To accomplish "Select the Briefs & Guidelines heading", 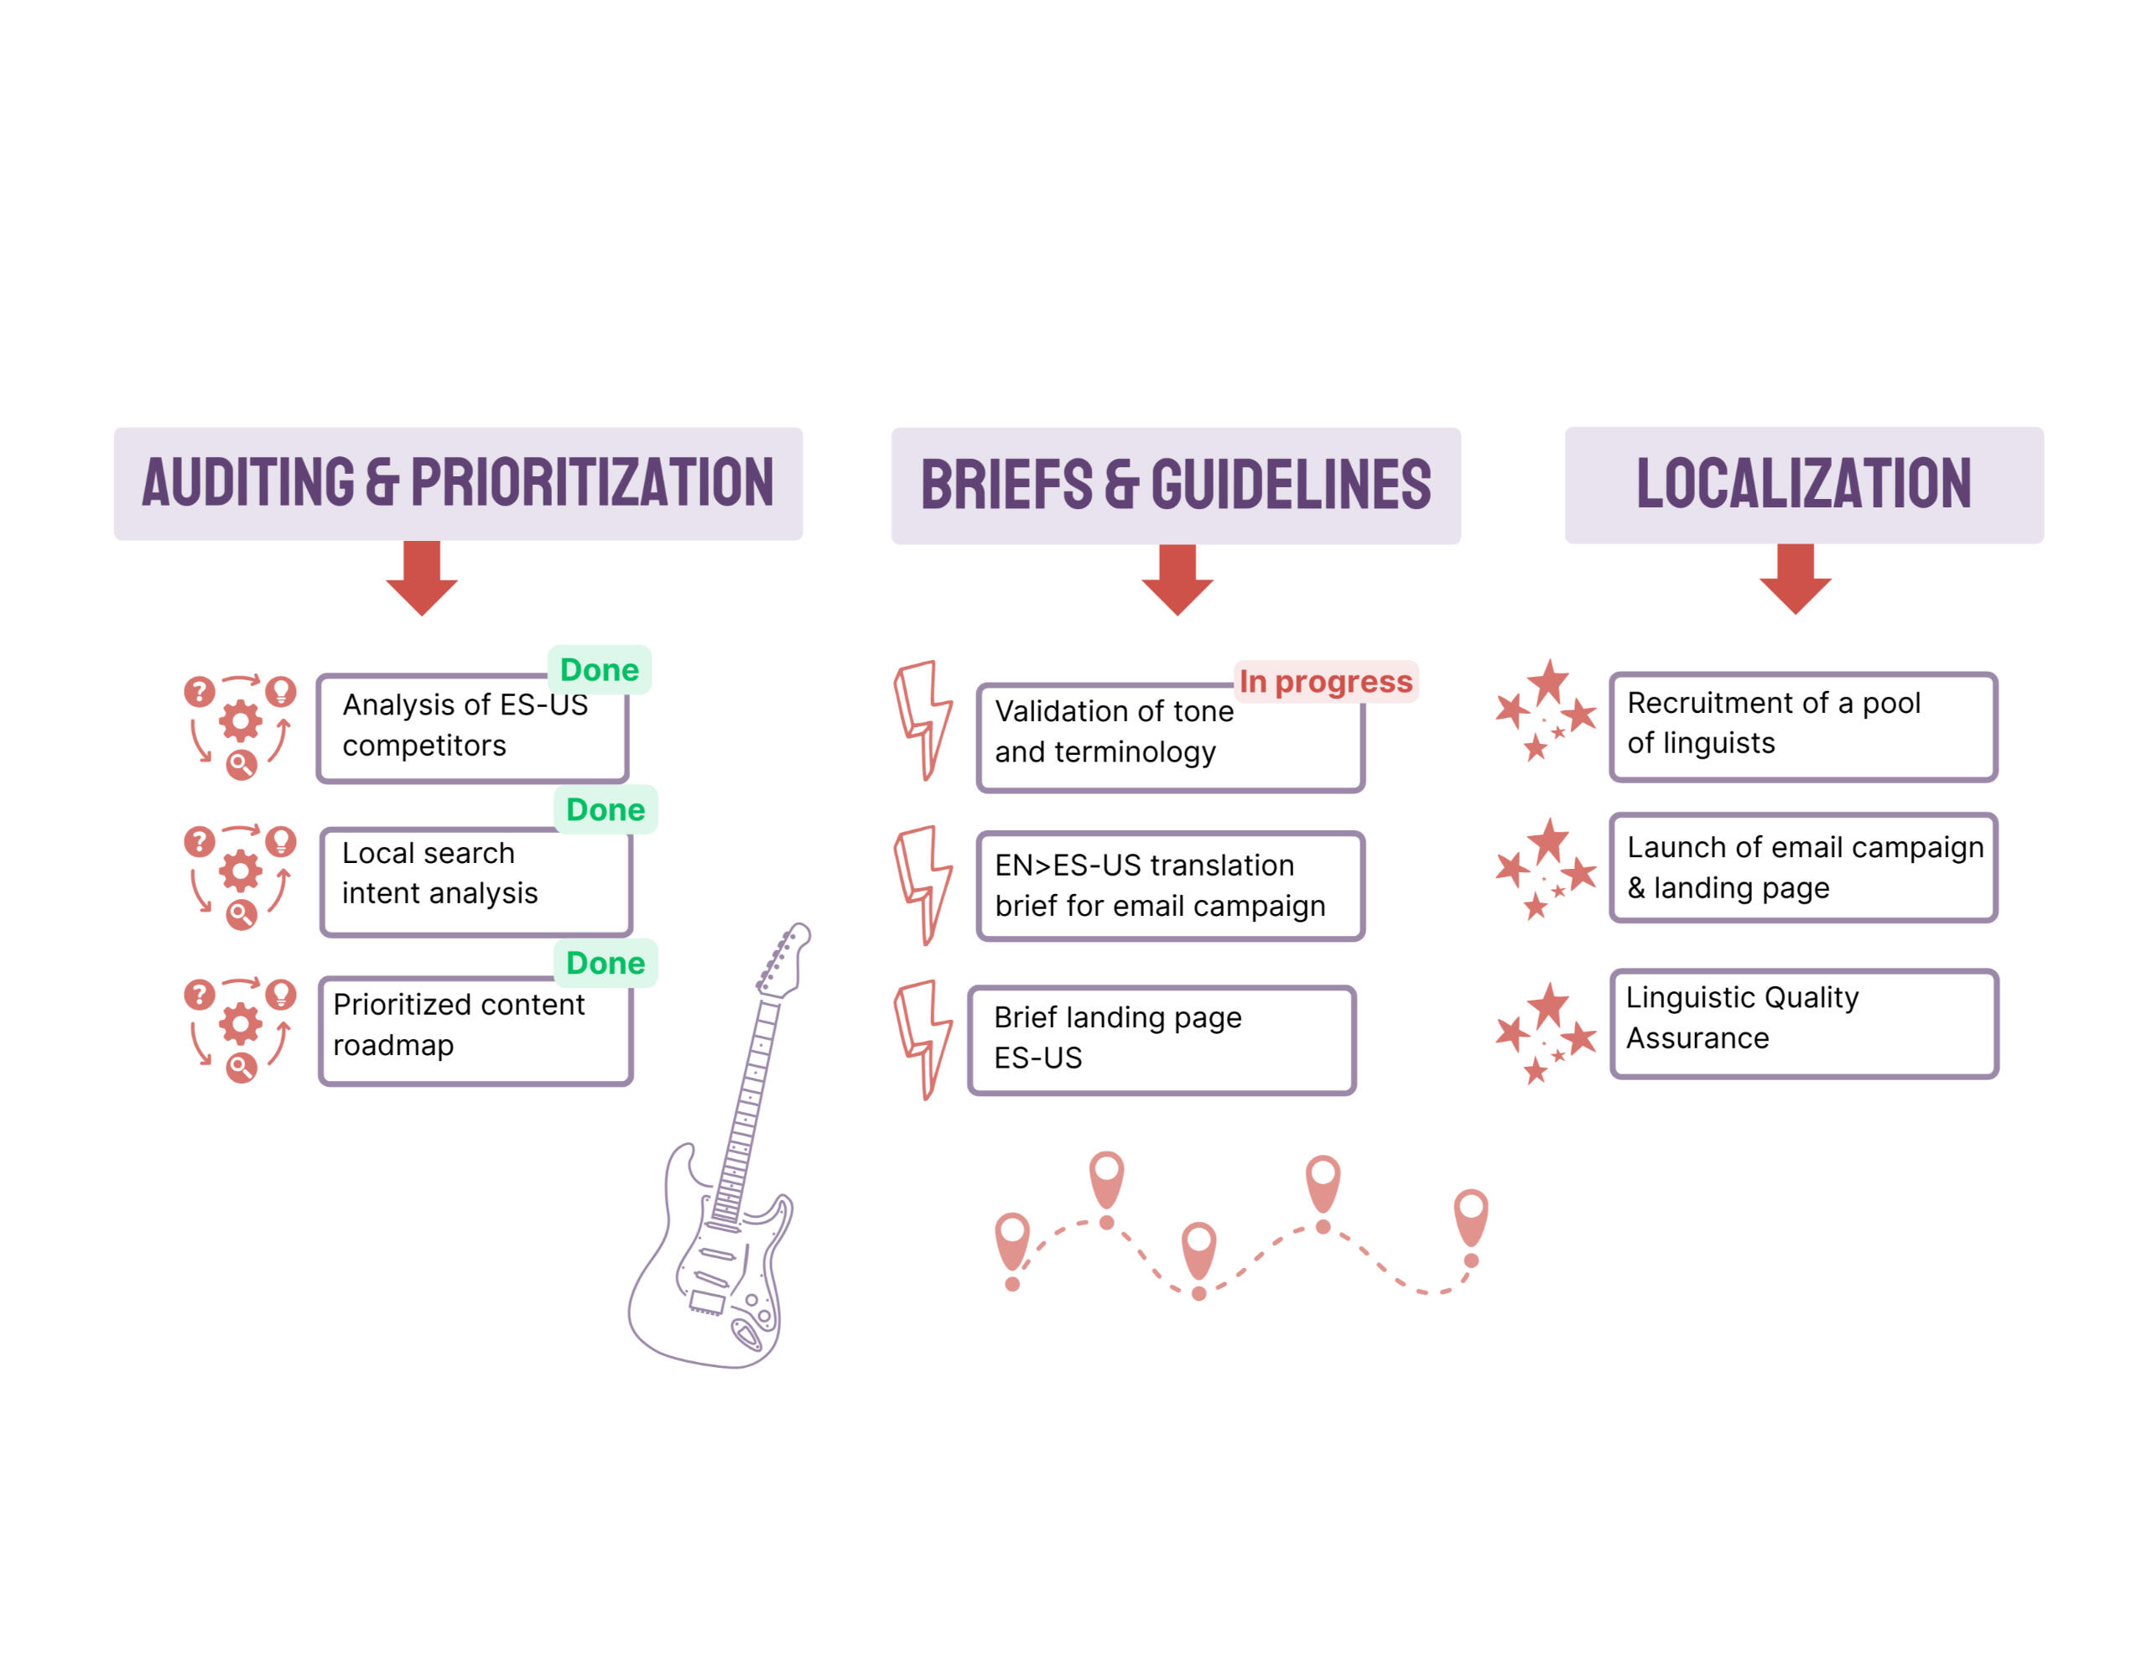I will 1176,486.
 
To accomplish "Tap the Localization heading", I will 1804,484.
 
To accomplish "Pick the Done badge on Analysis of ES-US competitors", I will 599,669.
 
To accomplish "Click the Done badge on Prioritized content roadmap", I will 606,962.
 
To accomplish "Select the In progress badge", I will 1325,681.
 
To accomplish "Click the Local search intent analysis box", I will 476,881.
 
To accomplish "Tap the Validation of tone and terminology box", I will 1170,737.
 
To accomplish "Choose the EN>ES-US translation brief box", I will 1170,886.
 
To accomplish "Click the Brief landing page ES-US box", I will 1161,1040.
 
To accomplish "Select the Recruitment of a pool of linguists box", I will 1803,726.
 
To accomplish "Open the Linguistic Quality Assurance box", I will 1804,1023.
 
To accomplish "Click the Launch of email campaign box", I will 1803,867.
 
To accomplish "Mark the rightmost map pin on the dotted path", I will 1471,1216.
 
